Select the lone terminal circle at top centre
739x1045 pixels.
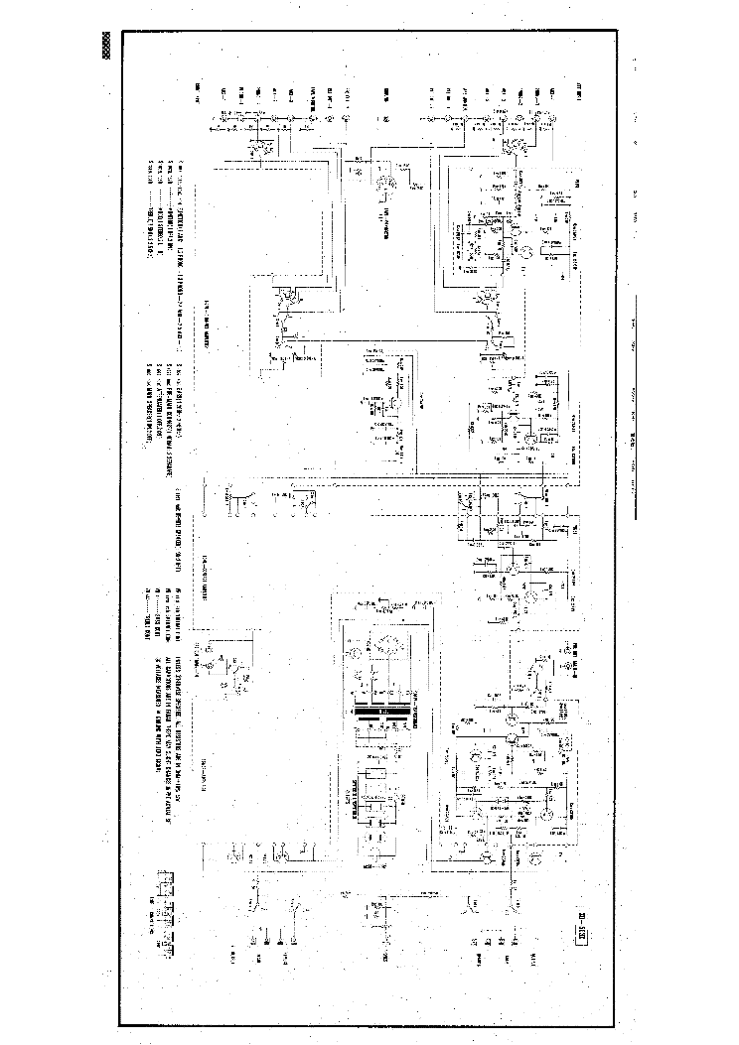click(386, 119)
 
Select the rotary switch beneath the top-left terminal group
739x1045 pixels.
click(260, 149)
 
